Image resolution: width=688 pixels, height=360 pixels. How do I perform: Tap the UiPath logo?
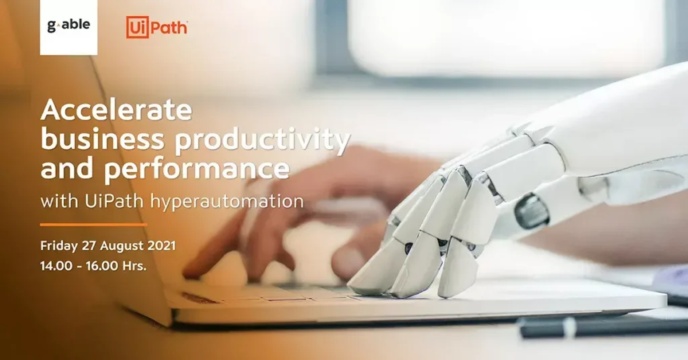[x=157, y=27]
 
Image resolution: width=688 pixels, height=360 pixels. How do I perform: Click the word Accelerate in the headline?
[x=116, y=109]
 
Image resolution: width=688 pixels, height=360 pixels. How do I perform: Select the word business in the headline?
[x=102, y=140]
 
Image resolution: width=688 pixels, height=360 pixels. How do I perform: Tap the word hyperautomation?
[x=227, y=202]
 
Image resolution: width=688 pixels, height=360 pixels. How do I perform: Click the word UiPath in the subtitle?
[x=114, y=201]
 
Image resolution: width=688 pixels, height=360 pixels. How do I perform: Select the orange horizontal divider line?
[x=93, y=224]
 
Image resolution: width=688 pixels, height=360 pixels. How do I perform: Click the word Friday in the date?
[x=59, y=246]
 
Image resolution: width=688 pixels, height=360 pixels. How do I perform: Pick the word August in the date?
[x=121, y=246]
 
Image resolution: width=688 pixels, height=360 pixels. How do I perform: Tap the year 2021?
[x=161, y=246]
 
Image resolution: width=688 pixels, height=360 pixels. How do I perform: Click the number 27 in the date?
[x=89, y=246]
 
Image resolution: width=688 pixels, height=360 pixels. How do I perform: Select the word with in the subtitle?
[x=59, y=201]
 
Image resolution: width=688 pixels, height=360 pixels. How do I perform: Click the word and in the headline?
[x=67, y=169]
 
